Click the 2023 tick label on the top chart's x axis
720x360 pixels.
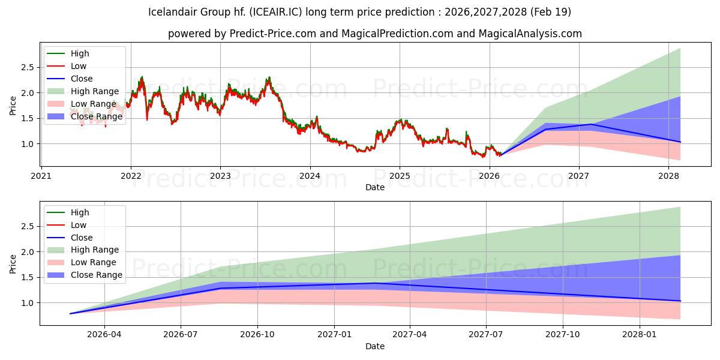point(220,176)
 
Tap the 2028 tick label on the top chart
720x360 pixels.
point(668,176)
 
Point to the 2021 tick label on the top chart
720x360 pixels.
point(41,176)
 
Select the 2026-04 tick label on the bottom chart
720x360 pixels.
point(104,335)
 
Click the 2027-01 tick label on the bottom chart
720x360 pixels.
point(334,335)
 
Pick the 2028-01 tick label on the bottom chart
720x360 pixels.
point(640,335)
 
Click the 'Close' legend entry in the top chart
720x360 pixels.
point(82,79)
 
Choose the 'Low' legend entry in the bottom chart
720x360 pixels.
point(79,225)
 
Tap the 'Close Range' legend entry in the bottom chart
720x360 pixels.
point(97,275)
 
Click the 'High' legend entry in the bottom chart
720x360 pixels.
point(80,212)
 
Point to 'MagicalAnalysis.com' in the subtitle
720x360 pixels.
point(530,34)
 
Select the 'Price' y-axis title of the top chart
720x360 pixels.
point(13,106)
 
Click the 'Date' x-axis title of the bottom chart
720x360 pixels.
point(374,346)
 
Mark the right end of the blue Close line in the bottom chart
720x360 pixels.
point(680,301)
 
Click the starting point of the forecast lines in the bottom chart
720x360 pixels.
point(71,313)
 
